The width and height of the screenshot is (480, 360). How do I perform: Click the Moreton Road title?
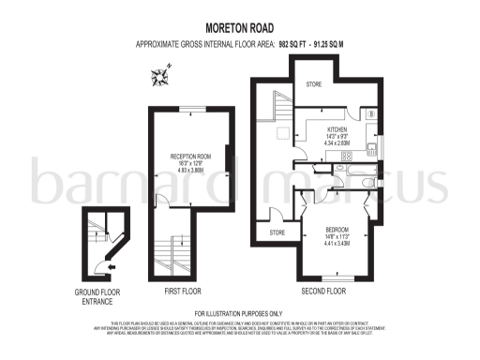(x=239, y=29)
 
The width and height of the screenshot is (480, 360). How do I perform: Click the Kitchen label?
(x=337, y=130)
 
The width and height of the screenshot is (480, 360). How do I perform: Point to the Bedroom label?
(x=339, y=229)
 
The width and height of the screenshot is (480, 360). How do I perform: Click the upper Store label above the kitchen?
(x=314, y=85)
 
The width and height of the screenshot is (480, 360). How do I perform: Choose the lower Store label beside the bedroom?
(x=277, y=232)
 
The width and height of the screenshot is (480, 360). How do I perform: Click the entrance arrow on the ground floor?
(x=112, y=266)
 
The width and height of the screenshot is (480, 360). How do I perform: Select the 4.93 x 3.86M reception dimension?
(x=191, y=172)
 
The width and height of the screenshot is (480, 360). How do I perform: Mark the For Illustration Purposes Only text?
(x=239, y=313)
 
